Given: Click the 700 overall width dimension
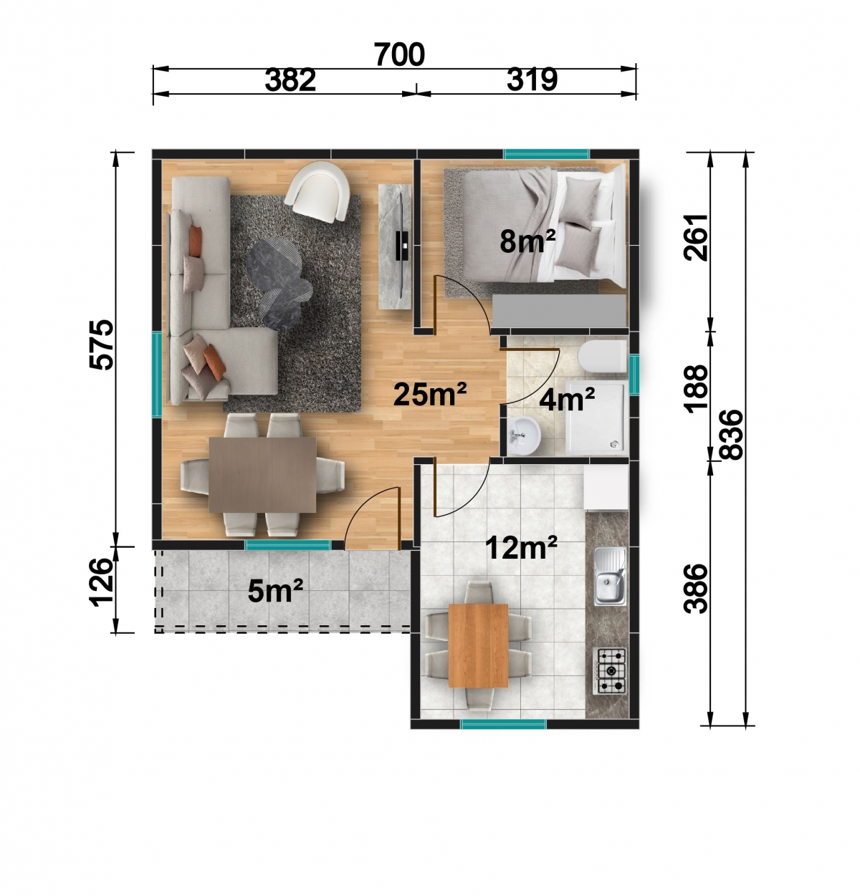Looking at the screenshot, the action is (399, 54).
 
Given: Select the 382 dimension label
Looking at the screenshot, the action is (290, 80).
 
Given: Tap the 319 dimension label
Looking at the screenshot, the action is (532, 80).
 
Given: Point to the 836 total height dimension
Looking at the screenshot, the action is (731, 435).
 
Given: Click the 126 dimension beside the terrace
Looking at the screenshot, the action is (102, 582).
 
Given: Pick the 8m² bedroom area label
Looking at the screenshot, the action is (527, 241).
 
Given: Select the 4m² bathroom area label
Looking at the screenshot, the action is (567, 399).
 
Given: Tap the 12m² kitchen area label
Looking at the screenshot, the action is (522, 548).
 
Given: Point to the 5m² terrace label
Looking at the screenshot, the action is (275, 591).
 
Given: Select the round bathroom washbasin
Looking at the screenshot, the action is (525, 435).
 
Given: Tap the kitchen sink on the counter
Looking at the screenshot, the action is (610, 576).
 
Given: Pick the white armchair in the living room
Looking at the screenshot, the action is (317, 193).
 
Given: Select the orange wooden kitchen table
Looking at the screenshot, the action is (478, 645).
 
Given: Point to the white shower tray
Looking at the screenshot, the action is (597, 415).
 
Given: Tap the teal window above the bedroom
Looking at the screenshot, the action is (546, 154).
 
